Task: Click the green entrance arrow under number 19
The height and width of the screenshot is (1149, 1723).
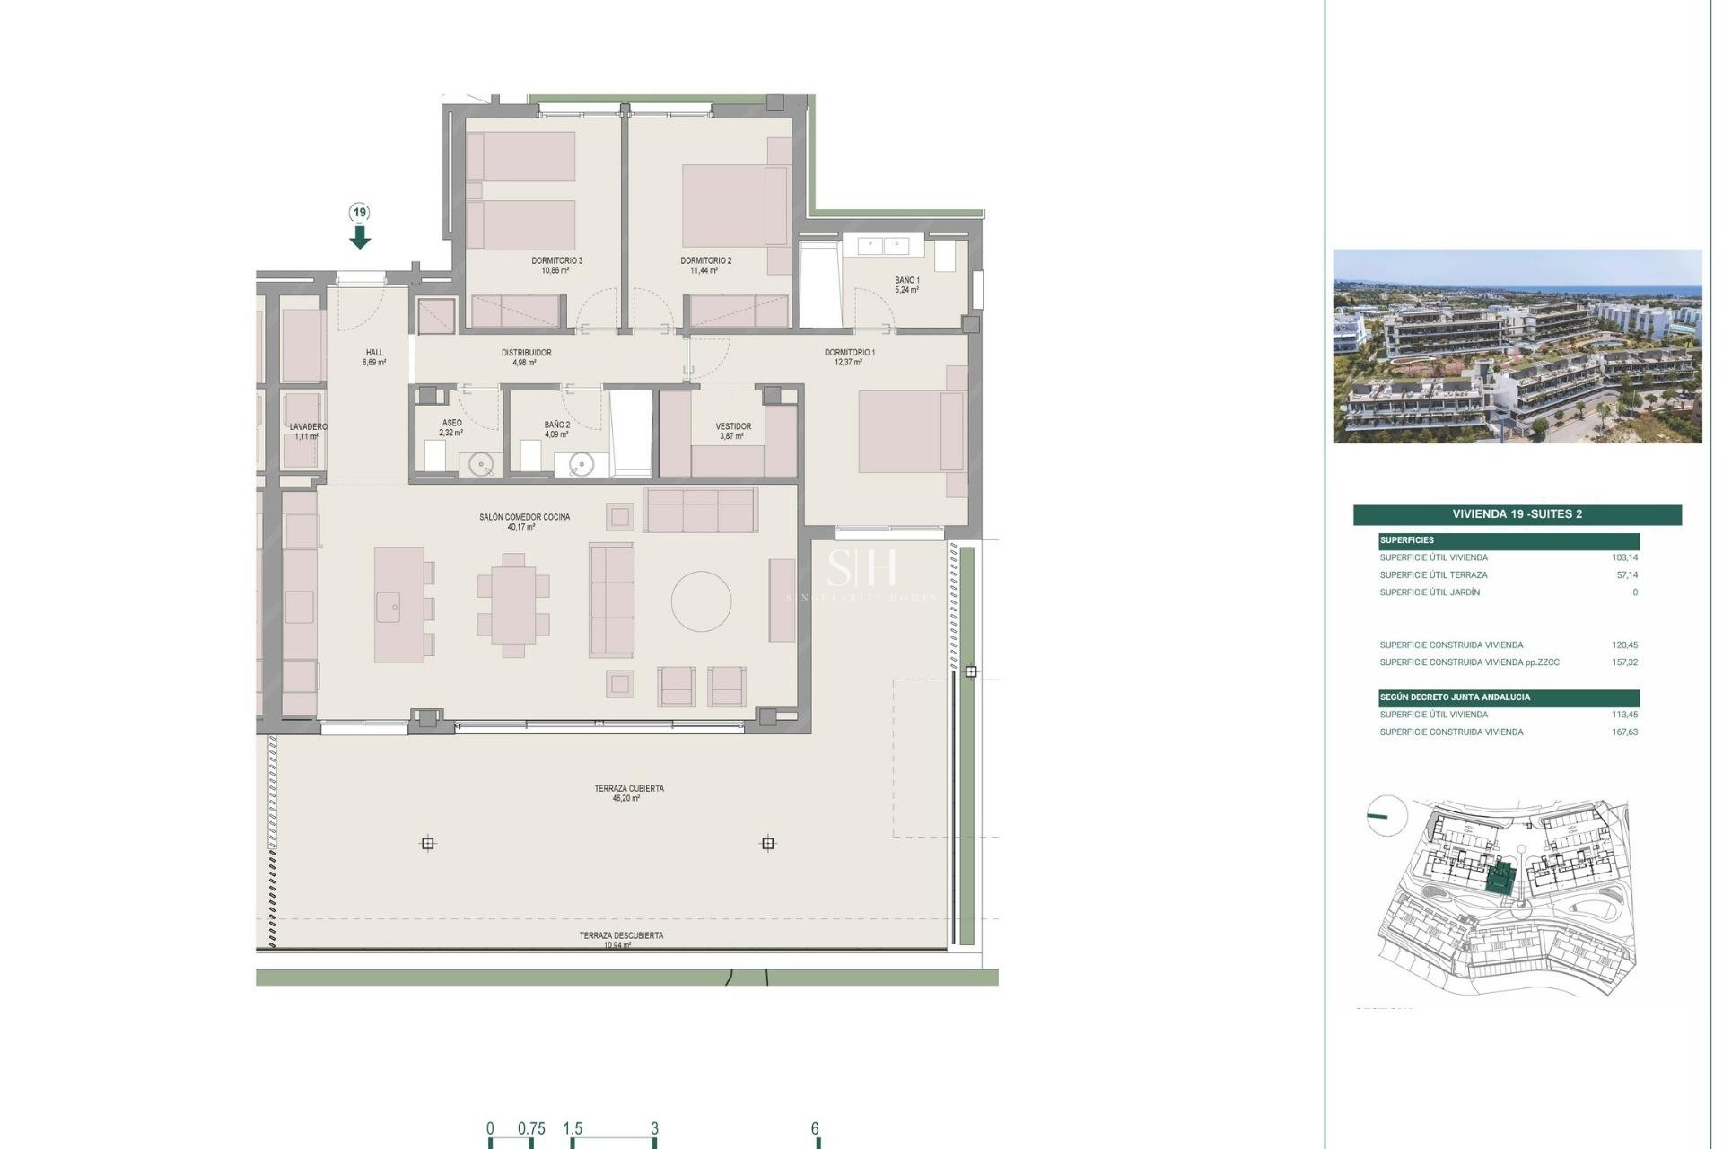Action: tap(360, 237)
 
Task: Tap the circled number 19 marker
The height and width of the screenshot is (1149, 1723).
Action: tap(360, 213)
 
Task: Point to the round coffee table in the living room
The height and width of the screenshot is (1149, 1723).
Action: tap(701, 601)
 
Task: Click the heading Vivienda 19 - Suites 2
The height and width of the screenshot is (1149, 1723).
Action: tap(1517, 514)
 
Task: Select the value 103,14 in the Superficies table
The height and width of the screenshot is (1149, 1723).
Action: tap(1624, 558)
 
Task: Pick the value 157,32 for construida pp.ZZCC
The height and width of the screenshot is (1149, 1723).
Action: tap(1624, 662)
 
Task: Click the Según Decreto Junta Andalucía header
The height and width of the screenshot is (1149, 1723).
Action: tap(1455, 697)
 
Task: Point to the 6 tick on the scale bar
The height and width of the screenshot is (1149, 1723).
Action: tap(815, 1129)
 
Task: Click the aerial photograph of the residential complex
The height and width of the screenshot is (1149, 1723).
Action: tap(1517, 346)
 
